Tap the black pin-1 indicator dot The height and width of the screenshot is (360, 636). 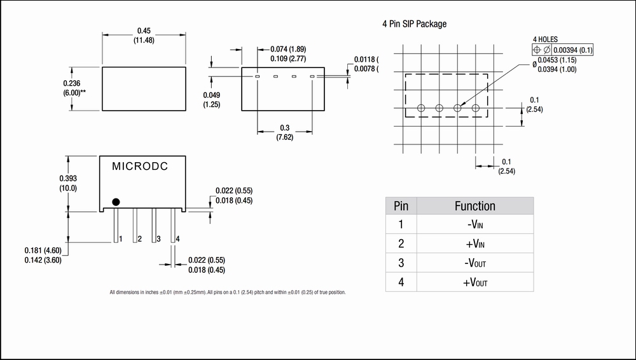click(x=116, y=202)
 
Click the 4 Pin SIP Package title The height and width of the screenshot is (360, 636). click(x=414, y=24)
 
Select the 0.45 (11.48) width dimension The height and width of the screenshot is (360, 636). click(x=144, y=35)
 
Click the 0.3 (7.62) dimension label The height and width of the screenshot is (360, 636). click(x=285, y=132)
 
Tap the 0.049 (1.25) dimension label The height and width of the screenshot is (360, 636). click(x=211, y=99)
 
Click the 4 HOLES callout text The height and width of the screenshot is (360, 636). click(x=546, y=39)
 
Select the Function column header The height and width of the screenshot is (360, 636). click(x=474, y=206)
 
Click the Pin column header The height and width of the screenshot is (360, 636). click(x=401, y=206)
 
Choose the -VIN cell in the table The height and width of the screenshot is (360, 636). click(x=474, y=225)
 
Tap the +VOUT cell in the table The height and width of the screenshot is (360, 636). click(x=474, y=283)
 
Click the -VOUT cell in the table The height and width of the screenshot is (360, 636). click(x=474, y=263)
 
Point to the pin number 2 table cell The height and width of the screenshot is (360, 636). click(x=401, y=244)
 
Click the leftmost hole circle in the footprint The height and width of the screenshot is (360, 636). click(x=420, y=108)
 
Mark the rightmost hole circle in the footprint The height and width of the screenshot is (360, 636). click(x=476, y=108)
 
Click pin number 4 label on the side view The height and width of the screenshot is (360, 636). click(x=177, y=239)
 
